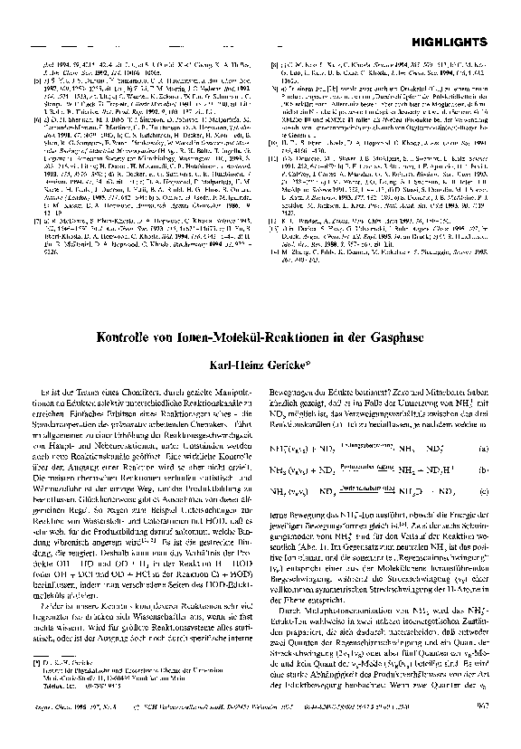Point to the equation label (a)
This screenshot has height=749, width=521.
485,448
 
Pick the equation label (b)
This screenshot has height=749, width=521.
485,469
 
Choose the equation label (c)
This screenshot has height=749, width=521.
485,491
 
